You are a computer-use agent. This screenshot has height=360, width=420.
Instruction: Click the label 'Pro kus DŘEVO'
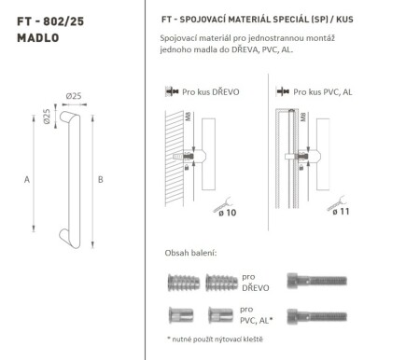click(x=212, y=93)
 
